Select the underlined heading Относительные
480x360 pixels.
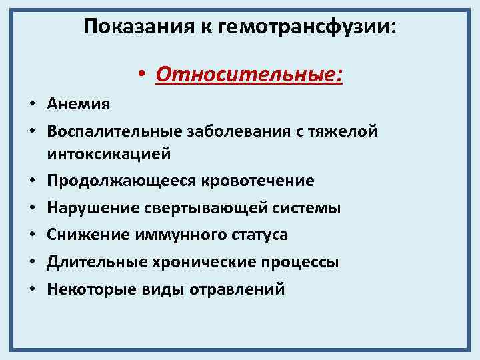(249, 74)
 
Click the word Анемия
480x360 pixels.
(79, 104)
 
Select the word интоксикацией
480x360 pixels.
(109, 154)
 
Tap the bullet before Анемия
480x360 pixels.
(31, 105)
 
